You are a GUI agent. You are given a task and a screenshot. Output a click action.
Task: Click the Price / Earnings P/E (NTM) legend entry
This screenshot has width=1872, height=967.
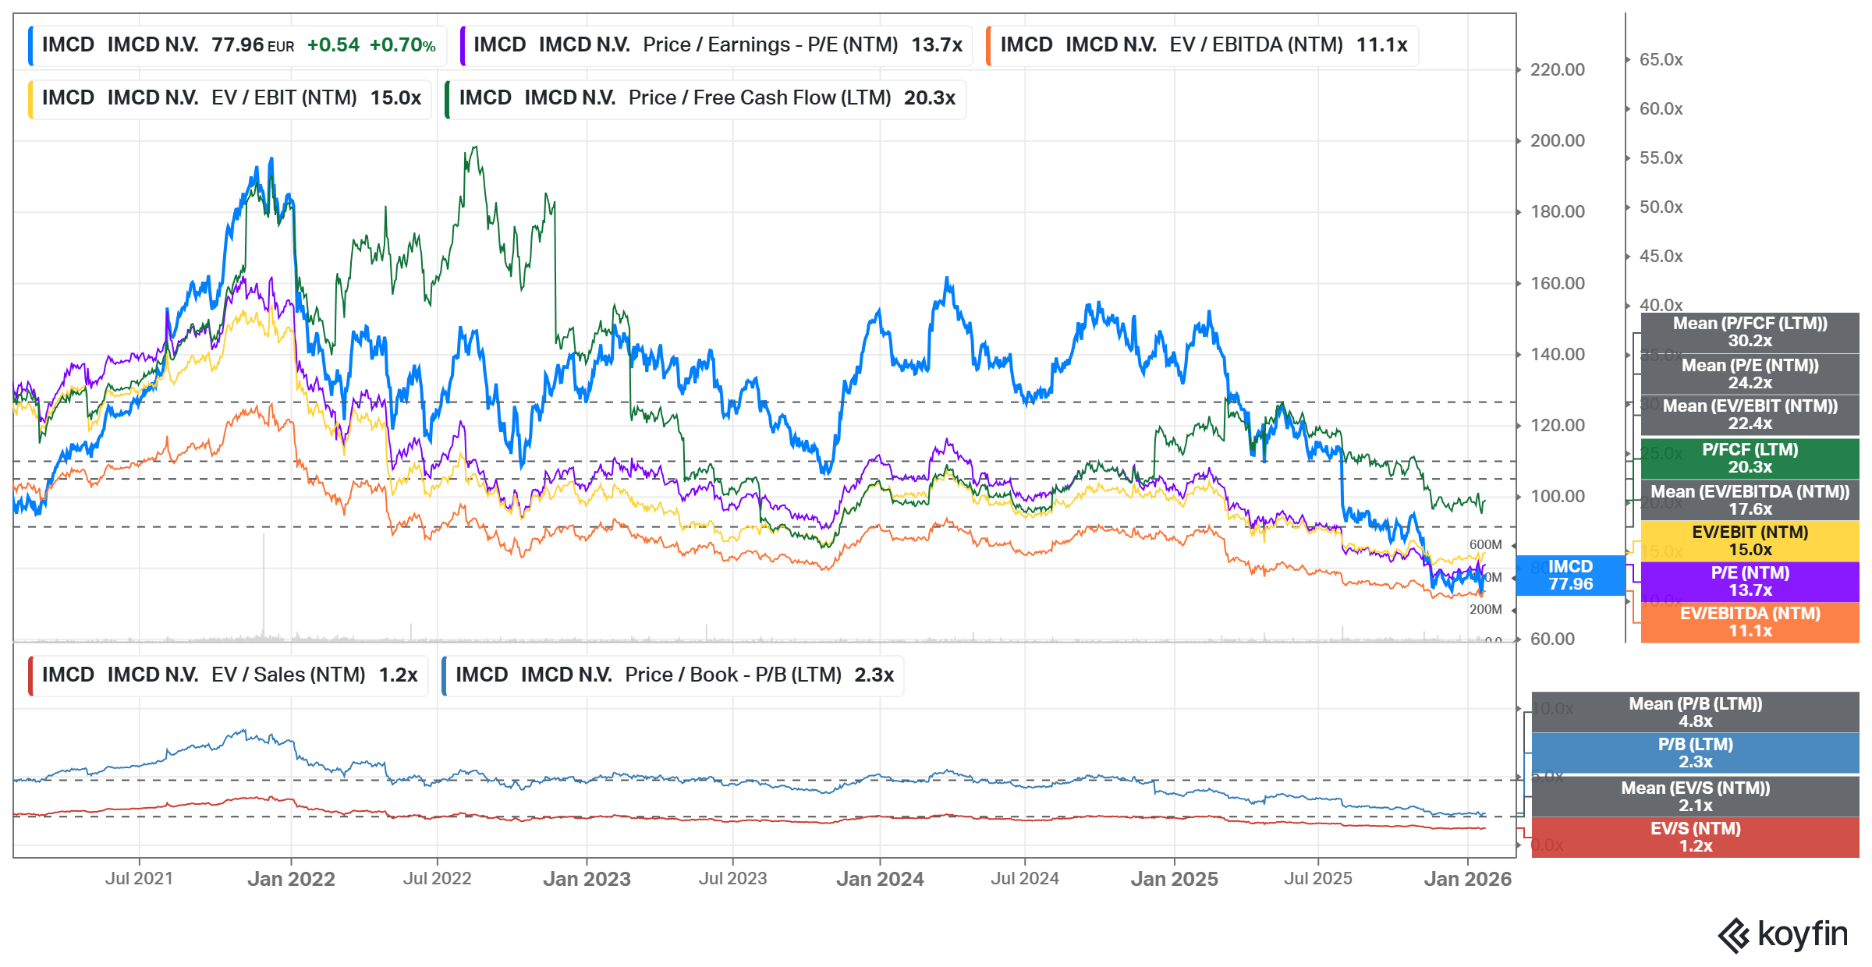(x=717, y=45)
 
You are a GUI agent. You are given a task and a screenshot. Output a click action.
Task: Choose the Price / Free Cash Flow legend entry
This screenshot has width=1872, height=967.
(x=706, y=98)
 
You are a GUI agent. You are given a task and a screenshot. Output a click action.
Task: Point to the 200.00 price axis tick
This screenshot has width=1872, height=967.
(x=1557, y=141)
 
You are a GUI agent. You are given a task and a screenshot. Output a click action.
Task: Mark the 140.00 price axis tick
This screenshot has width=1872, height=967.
(x=1557, y=355)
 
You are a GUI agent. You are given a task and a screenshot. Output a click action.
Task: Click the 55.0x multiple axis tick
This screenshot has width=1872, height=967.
(x=1661, y=158)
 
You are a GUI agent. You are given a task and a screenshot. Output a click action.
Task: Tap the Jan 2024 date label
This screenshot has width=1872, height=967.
(x=880, y=879)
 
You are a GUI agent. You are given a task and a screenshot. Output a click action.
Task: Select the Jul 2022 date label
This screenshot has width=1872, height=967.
(x=437, y=879)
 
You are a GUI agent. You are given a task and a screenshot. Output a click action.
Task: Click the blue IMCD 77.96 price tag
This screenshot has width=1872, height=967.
(x=1570, y=576)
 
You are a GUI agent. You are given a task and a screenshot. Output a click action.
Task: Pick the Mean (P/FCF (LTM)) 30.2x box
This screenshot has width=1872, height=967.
(x=1750, y=332)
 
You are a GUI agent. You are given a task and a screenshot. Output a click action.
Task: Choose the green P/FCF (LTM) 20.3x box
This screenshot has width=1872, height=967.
(x=1750, y=459)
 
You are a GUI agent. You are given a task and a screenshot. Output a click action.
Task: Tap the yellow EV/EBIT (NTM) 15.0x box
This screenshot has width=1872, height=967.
(x=1750, y=541)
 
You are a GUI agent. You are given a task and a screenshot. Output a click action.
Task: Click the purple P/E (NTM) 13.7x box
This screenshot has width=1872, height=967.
(x=1750, y=582)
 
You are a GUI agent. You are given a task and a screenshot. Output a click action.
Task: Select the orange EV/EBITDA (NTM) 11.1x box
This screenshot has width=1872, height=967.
(x=1750, y=622)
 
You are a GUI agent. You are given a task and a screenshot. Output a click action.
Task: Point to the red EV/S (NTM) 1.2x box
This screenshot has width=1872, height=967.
(x=1695, y=838)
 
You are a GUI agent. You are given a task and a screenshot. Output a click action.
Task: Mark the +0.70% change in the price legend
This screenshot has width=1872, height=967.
(x=402, y=45)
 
